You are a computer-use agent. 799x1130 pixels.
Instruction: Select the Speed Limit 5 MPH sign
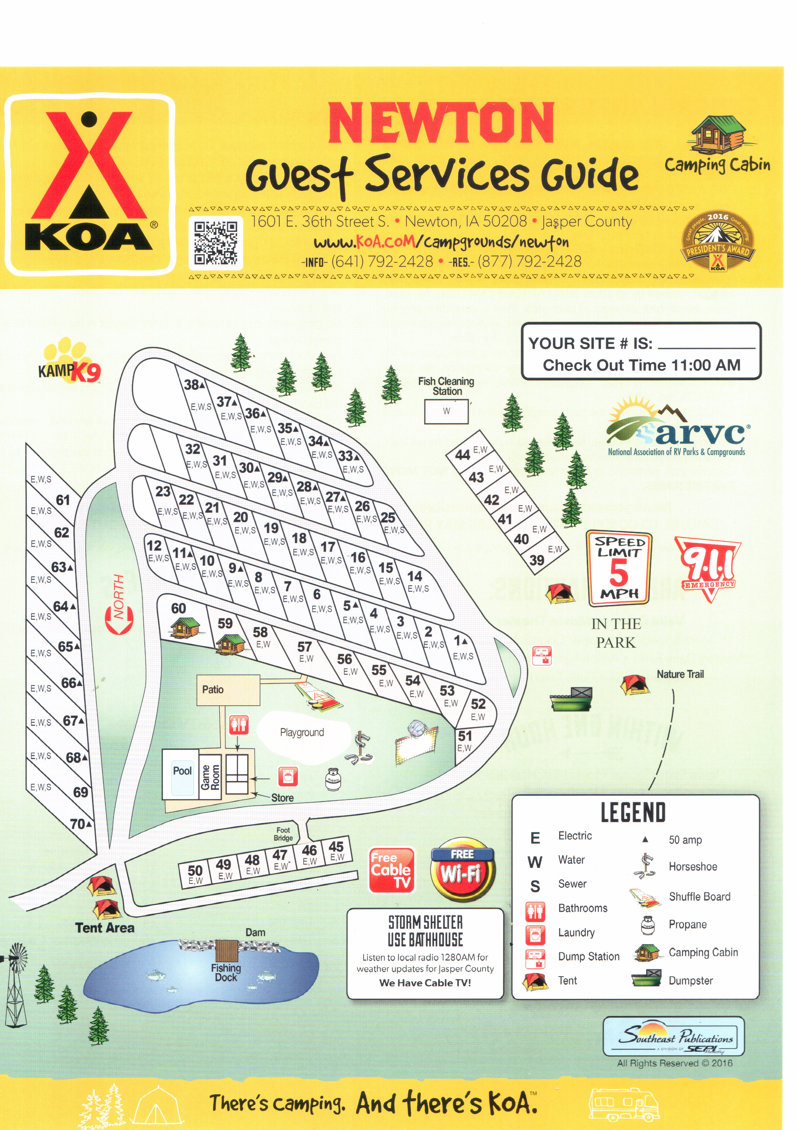(x=619, y=569)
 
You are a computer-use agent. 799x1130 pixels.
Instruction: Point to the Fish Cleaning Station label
(x=446, y=386)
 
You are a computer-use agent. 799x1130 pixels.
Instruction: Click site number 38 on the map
(x=192, y=384)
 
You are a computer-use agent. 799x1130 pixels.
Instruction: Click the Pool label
(x=182, y=771)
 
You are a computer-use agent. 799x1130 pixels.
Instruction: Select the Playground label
(x=302, y=732)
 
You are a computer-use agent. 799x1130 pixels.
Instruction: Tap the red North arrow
(x=119, y=604)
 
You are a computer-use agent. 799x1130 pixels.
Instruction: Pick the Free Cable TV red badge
(x=391, y=870)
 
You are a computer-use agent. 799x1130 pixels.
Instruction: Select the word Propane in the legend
(x=687, y=924)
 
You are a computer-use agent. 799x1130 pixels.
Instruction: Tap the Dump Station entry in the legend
(x=588, y=956)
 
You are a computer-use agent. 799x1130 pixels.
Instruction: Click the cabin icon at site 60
(x=185, y=627)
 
